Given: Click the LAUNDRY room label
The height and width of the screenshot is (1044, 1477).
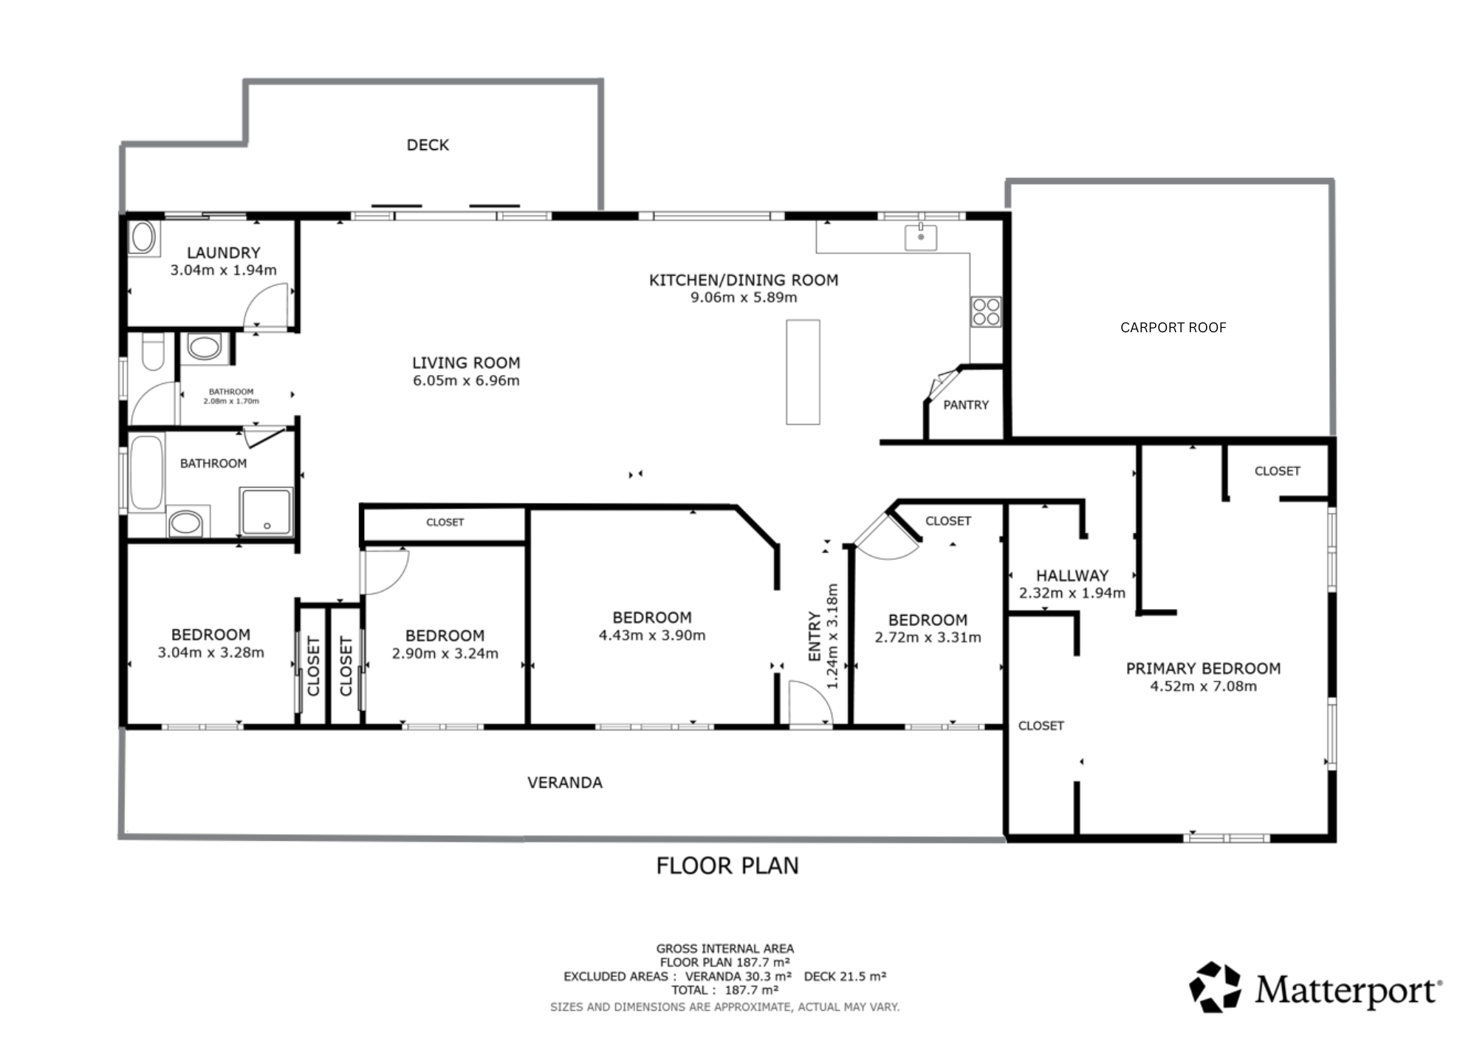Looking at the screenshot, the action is [223, 253].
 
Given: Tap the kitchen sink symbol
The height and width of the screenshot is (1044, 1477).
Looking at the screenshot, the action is [921, 238].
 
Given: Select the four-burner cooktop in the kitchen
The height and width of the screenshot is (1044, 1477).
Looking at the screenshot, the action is [986, 312].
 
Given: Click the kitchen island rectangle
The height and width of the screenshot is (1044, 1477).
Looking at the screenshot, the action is [803, 372].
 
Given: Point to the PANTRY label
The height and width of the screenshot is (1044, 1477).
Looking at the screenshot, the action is [966, 405].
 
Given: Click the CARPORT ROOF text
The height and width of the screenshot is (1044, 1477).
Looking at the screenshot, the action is [1173, 327].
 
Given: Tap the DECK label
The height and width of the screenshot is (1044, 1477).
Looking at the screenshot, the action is [428, 145].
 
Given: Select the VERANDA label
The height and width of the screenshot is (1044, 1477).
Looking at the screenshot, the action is [565, 783].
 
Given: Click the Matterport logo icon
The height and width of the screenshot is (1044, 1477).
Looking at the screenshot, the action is [1215, 987].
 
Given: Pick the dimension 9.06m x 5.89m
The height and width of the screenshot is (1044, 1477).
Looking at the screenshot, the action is [744, 298].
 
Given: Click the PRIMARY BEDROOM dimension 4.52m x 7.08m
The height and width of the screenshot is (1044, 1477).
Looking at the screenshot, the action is [1203, 686].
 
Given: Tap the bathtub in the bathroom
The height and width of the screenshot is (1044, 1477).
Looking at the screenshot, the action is [146, 473].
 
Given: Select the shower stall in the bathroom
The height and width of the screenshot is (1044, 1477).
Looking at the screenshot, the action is [266, 511].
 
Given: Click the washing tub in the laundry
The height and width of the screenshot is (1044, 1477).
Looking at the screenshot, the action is [143, 238].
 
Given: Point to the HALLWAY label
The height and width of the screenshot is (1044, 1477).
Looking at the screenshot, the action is [1072, 575].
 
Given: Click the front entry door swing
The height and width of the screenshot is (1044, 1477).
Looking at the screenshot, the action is [811, 704].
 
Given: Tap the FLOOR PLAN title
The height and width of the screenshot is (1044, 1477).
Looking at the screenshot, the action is [727, 865].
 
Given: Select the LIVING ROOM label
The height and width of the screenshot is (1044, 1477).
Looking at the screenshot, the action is [466, 363].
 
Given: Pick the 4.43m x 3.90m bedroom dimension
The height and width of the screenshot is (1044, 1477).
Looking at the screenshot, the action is [652, 635].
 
